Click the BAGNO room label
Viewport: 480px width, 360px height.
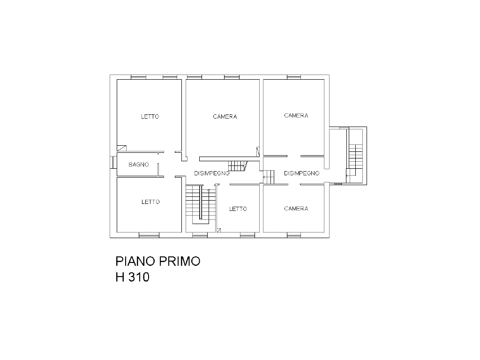click(x=139, y=165)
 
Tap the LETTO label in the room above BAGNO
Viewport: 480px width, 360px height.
click(x=150, y=117)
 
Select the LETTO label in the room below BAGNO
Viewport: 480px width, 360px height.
click(x=150, y=202)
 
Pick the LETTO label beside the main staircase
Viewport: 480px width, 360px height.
click(x=238, y=209)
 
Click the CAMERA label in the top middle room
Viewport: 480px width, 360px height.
click(x=225, y=117)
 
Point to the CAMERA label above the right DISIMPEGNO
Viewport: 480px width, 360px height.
click(x=296, y=116)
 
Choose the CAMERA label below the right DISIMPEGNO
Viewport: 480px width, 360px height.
click(x=296, y=209)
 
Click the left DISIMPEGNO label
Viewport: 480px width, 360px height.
click(x=212, y=173)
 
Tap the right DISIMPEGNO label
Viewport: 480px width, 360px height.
click(x=301, y=173)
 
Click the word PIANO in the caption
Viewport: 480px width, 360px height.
click(x=135, y=262)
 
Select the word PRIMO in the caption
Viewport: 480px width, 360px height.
click(x=180, y=262)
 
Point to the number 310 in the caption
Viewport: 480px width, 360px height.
click(x=139, y=277)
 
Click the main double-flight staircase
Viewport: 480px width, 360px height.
click(x=201, y=204)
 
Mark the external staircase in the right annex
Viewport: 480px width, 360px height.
click(x=355, y=156)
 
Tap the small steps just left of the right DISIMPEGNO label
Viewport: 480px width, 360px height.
click(x=269, y=177)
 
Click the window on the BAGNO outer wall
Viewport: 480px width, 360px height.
click(x=113, y=163)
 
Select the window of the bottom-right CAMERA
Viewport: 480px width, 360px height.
click(x=294, y=235)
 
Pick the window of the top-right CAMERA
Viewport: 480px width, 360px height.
click(x=294, y=77)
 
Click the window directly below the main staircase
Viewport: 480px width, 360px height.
click(x=200, y=235)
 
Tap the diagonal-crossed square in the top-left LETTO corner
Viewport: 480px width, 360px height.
click(x=121, y=149)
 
